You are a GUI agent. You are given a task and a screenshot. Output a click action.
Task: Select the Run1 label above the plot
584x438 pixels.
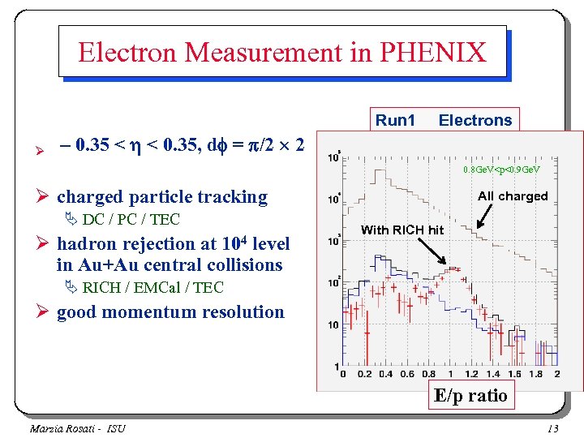pos(395,120)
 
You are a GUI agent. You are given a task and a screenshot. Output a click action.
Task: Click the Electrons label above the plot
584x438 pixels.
pos(475,120)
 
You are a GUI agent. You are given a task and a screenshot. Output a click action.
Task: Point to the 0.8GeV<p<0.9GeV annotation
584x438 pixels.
pos(501,170)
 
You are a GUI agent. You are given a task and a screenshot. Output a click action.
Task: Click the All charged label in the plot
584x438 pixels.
pos(513,195)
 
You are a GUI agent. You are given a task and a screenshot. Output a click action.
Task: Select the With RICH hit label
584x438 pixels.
pos(402,230)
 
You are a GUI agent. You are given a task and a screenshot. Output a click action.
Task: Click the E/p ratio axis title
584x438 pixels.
pos(470,395)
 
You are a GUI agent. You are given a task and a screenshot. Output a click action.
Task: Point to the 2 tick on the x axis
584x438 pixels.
pos(556,374)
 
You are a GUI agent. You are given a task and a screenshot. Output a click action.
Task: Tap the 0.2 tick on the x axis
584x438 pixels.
pos(363,374)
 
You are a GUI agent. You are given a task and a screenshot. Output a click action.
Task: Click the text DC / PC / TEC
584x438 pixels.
pos(131,219)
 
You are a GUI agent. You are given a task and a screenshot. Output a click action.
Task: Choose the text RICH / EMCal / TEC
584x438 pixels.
pos(152,287)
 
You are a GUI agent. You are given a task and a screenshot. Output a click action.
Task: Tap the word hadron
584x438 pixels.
pos(85,244)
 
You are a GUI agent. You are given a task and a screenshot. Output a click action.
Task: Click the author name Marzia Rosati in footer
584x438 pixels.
pos(62,428)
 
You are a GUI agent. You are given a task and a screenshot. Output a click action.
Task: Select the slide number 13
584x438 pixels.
pos(553,428)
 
